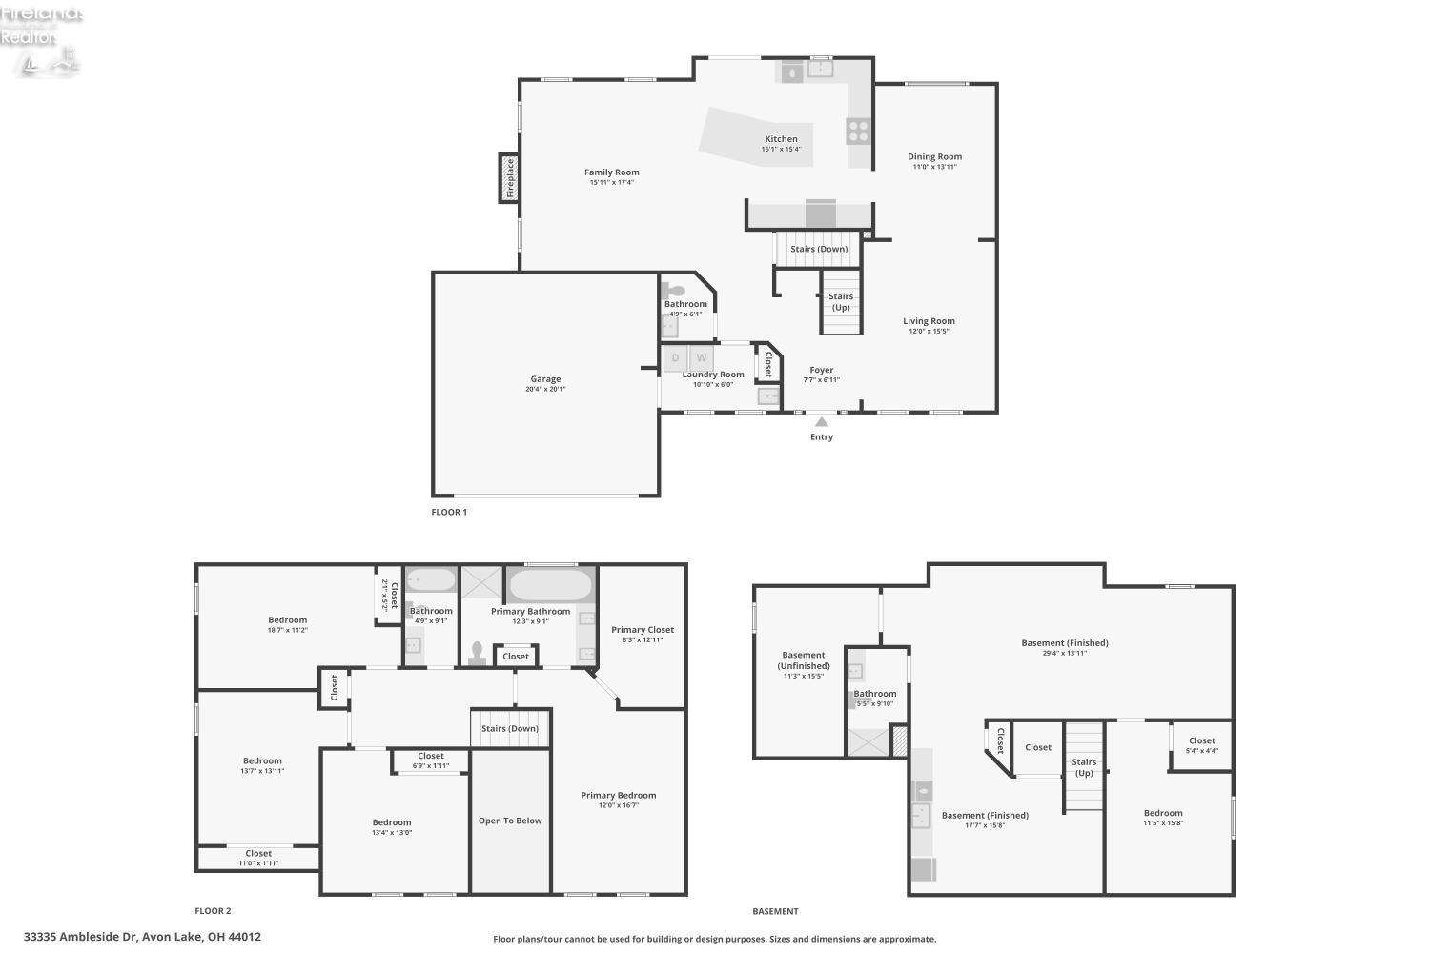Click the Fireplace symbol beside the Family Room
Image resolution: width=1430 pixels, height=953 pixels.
tap(509, 178)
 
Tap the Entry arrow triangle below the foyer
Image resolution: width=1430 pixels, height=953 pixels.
tap(822, 421)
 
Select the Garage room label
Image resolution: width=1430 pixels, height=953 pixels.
tap(545, 379)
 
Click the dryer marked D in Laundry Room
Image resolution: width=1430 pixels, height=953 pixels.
tap(676, 358)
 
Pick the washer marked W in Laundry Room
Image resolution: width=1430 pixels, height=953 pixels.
tap(701, 358)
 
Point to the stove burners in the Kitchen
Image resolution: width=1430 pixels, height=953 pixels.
tap(859, 130)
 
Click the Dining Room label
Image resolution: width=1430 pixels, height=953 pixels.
tap(934, 157)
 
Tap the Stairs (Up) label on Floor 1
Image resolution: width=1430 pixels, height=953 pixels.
tap(841, 302)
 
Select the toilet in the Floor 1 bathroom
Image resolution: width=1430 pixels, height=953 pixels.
tap(675, 291)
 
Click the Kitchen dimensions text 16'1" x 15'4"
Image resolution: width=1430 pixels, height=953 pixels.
tap(781, 149)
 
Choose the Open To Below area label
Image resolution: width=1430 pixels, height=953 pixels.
tap(510, 821)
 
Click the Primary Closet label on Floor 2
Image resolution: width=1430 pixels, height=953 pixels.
tap(643, 630)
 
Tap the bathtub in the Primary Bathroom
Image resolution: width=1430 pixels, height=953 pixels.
tap(550, 584)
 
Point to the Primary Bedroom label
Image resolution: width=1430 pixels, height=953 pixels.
tap(619, 796)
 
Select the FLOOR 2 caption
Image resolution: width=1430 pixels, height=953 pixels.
tap(213, 911)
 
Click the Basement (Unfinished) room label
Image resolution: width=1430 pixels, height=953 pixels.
tap(804, 660)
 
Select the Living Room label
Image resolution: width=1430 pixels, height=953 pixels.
tap(929, 322)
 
